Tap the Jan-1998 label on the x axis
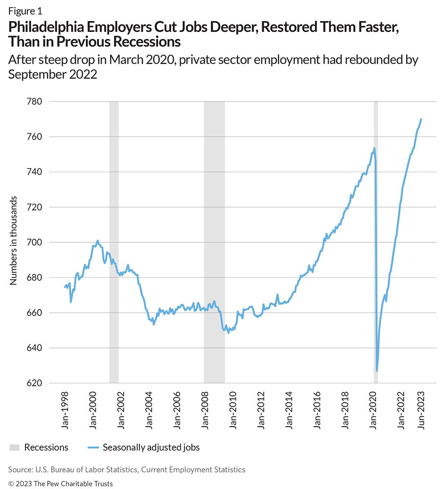point(66,412)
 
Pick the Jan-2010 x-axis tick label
point(234,412)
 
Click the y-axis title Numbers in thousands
point(13,240)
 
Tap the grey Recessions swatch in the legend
point(15,447)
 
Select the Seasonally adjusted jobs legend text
point(151,447)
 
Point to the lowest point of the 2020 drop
point(377,371)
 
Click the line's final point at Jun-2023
point(421,119)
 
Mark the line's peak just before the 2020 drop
point(374,148)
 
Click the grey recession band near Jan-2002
point(114,243)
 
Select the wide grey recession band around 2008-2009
point(214,243)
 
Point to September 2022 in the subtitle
point(53,74)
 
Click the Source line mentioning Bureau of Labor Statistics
point(127,469)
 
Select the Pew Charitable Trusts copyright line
point(61,484)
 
